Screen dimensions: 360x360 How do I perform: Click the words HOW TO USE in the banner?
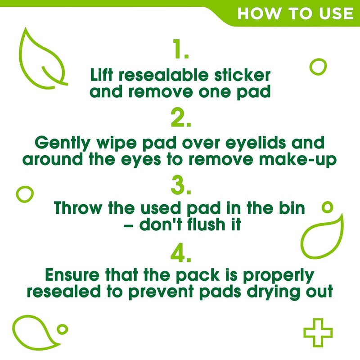click(x=295, y=13)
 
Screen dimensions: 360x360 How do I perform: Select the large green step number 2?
click(x=180, y=120)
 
